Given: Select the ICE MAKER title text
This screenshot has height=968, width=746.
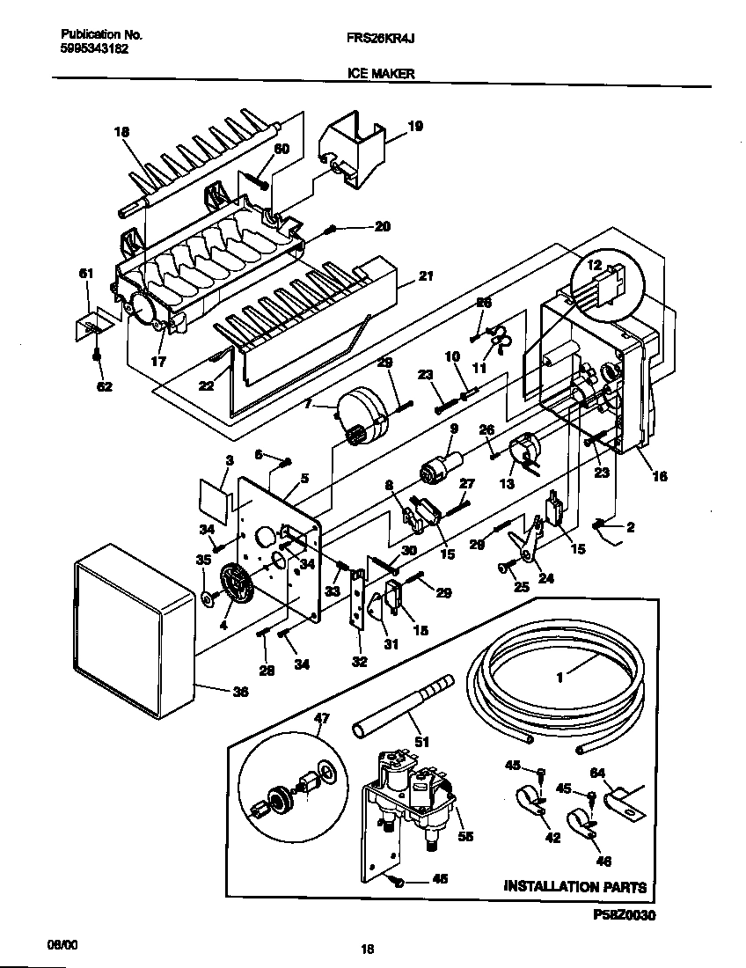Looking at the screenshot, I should (376, 75).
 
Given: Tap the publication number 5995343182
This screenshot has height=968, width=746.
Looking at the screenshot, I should (94, 50).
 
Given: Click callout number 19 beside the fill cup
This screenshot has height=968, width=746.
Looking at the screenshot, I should (415, 127).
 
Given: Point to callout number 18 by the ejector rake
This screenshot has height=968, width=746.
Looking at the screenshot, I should (121, 132).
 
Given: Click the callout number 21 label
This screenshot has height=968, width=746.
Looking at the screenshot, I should (426, 275).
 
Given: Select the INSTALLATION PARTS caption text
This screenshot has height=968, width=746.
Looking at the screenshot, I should (574, 887).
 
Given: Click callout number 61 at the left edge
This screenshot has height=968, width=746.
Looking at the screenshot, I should (85, 275).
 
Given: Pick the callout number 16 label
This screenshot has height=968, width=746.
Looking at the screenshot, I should (660, 476).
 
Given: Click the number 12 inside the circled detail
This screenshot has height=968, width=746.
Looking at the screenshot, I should (594, 265).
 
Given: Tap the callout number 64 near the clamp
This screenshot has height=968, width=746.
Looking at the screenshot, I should (598, 774).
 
